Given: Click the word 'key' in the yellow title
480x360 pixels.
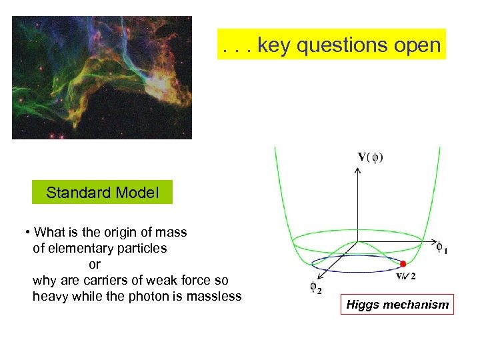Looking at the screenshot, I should point(273,45).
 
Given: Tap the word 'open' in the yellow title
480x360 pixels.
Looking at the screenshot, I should point(417,45).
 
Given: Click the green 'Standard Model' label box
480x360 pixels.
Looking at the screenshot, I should point(102,193).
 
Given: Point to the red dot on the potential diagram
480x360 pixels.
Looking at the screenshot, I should point(403,264).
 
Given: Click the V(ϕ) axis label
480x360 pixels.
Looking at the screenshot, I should point(371,157).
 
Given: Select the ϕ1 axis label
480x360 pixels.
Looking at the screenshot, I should point(442,248).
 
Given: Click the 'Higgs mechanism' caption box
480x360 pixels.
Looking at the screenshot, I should point(397,305).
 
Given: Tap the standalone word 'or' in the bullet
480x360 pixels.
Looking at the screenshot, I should point(95,265).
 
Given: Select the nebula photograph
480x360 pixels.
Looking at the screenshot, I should point(102,77).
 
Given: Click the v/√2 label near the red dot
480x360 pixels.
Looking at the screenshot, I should point(407,276).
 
